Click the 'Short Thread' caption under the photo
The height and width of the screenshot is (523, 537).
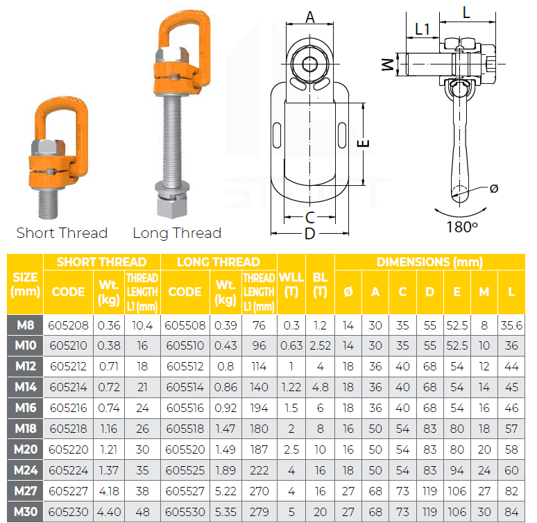[62, 233]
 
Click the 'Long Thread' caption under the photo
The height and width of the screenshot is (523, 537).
[177, 233]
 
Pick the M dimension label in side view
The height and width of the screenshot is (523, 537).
[388, 65]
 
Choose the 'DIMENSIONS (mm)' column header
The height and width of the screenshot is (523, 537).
[429, 262]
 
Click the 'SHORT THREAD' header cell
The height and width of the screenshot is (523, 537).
[101, 262]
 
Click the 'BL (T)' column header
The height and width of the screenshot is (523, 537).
[320, 284]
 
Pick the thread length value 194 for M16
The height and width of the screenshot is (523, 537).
[259, 407]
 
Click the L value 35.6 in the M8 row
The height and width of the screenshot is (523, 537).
[511, 324]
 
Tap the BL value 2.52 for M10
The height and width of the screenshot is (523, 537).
[320, 345]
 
